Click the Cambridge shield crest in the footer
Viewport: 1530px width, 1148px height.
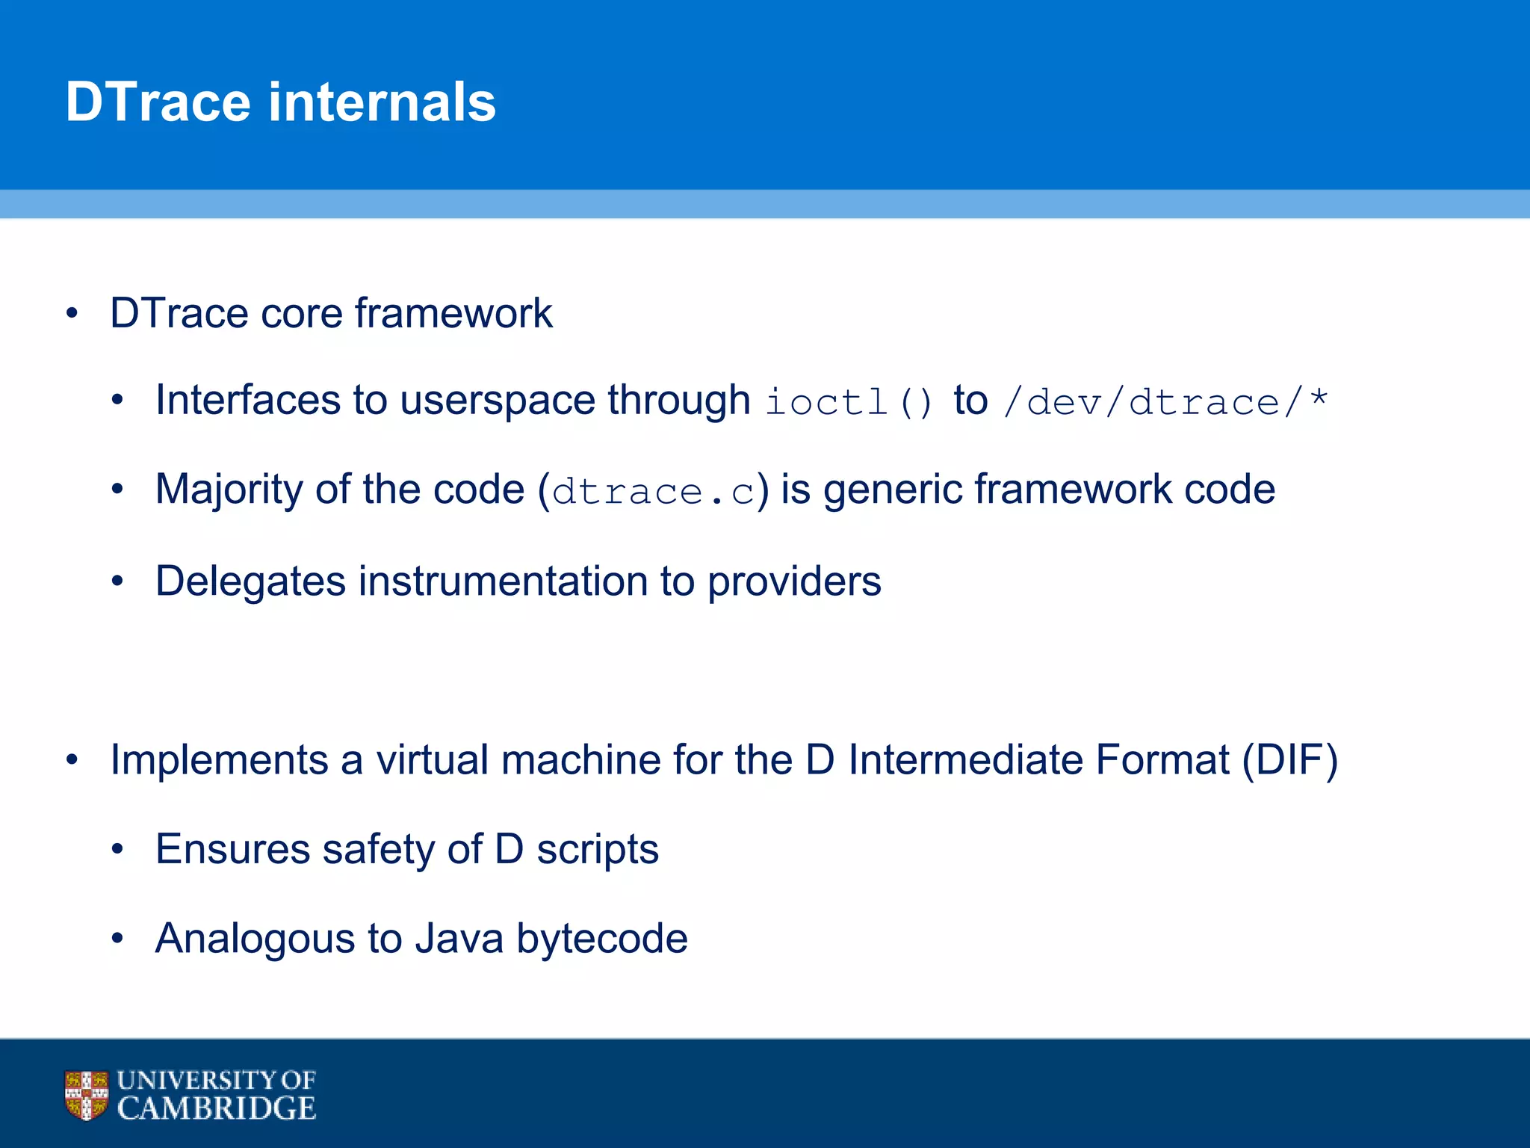[86, 1095]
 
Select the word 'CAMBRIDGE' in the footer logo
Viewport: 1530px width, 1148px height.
[217, 1108]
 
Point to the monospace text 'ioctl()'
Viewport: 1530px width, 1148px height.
[849, 402]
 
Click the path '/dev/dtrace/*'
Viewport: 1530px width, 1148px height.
[1165, 402]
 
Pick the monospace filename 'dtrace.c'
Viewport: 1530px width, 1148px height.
[654, 492]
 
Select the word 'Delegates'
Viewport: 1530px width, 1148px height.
[250, 581]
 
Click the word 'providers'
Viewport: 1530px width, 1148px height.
[794, 581]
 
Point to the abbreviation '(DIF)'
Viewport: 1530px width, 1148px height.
[1289, 760]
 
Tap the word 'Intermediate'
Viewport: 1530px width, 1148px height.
[965, 760]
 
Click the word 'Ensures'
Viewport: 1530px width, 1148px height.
[232, 850]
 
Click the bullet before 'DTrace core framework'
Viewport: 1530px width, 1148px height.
[72, 313]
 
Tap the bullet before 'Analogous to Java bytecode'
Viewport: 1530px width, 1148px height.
[117, 939]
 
